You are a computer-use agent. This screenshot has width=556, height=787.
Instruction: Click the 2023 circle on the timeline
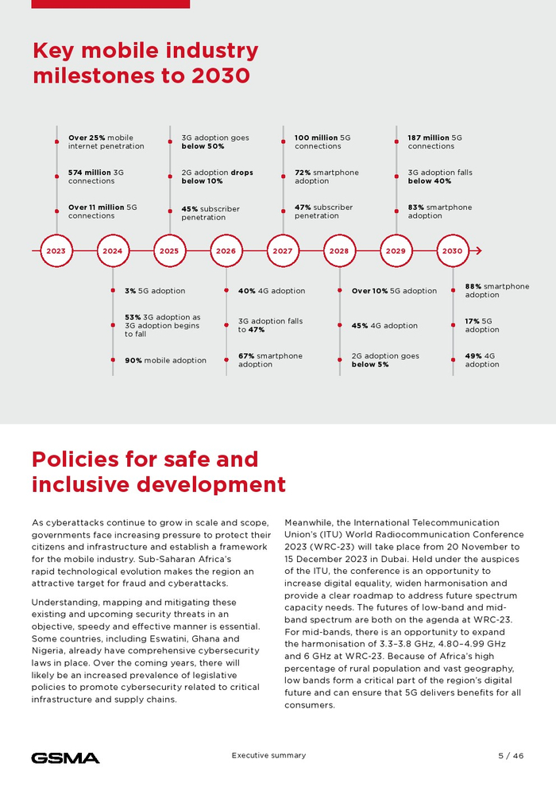pyautogui.click(x=56, y=250)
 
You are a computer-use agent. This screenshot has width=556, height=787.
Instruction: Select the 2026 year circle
pyautogui.click(x=226, y=250)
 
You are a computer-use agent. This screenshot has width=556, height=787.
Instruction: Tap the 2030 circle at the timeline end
pyautogui.click(x=452, y=250)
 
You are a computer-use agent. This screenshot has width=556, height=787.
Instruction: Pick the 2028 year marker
pyautogui.click(x=339, y=250)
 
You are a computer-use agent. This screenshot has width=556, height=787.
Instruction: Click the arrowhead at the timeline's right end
pyautogui.click(x=478, y=250)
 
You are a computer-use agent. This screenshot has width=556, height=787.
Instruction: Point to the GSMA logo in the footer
pyautogui.click(x=65, y=758)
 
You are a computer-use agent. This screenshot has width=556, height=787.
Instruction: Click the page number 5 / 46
pyautogui.click(x=505, y=755)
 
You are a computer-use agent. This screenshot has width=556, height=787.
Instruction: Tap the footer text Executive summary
pyautogui.click(x=268, y=755)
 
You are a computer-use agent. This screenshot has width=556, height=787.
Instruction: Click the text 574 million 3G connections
pyautogui.click(x=96, y=176)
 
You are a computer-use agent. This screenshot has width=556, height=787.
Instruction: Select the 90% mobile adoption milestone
pyautogui.click(x=165, y=360)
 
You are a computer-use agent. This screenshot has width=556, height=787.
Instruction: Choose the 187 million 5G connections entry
pyautogui.click(x=435, y=142)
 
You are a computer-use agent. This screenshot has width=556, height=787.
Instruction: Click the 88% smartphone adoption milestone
pyautogui.click(x=496, y=290)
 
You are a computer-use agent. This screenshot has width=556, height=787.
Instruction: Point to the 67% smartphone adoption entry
pyautogui.click(x=270, y=360)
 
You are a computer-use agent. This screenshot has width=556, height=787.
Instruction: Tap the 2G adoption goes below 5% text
pyautogui.click(x=385, y=360)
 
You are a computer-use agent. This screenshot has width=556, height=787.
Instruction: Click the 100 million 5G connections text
pyautogui.click(x=322, y=142)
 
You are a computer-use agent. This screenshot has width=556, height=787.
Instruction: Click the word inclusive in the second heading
pyautogui.click(x=87, y=484)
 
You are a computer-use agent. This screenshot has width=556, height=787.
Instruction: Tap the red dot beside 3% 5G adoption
pyautogui.click(x=113, y=291)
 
